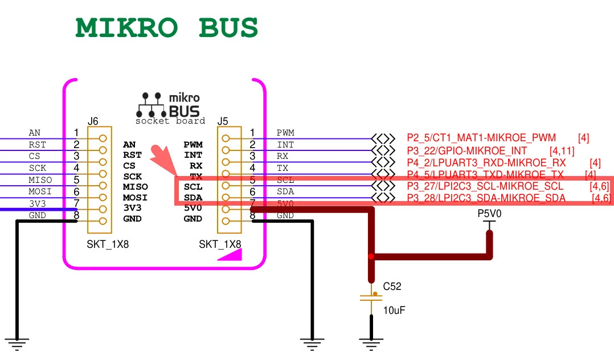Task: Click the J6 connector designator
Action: point(93,121)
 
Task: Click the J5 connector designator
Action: point(223,121)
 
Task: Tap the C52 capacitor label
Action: point(392,287)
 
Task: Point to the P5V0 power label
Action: point(489,214)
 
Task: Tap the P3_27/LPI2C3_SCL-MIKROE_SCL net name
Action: point(485,186)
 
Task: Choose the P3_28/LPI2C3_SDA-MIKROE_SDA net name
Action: point(486,198)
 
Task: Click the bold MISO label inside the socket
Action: point(136,187)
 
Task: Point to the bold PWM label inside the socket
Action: point(193,145)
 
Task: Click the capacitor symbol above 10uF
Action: point(371,297)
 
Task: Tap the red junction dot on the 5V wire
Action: point(371,256)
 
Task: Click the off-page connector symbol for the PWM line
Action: point(382,138)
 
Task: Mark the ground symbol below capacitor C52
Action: point(371,341)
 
